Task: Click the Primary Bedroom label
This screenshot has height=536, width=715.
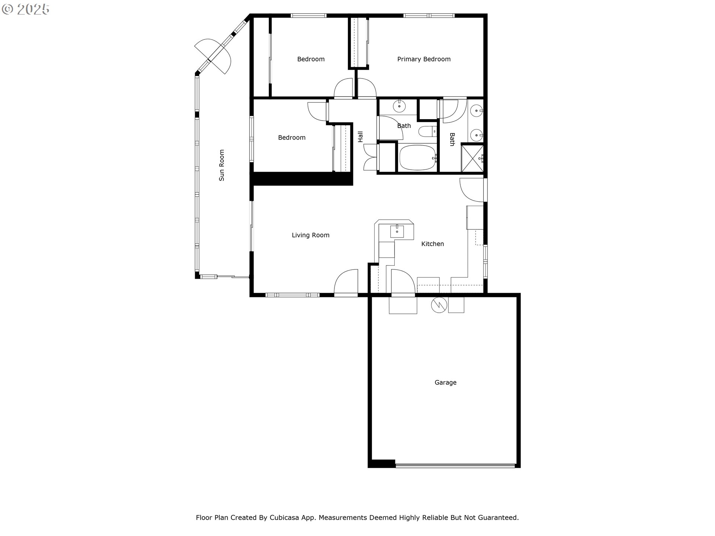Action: pos(424,59)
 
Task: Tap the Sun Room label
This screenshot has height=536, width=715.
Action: pos(222,165)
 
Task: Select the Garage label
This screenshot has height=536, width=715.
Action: pos(445,382)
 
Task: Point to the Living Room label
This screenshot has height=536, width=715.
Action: pos(311,235)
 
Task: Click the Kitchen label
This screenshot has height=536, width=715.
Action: pos(432,244)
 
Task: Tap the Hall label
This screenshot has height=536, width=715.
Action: pos(360,137)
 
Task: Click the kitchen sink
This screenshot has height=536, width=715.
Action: pos(397,232)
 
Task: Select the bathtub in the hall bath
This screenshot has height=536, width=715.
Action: pos(417,157)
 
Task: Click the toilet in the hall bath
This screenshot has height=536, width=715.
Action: pos(428,131)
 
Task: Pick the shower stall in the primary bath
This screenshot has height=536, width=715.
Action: pos(472,158)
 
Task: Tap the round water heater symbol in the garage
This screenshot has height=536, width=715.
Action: pos(439,305)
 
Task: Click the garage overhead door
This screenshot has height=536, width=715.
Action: pos(455,465)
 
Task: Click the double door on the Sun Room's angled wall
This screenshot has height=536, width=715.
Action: pos(213,57)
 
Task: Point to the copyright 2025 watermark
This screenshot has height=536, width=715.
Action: pos(25,9)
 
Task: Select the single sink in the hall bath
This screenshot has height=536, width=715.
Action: pos(399,106)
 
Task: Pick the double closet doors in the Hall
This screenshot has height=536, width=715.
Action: pos(371,157)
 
